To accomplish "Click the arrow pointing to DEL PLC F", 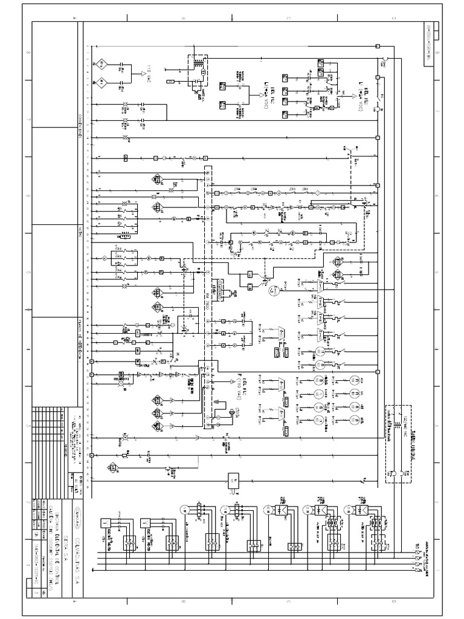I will coord(232,382).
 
